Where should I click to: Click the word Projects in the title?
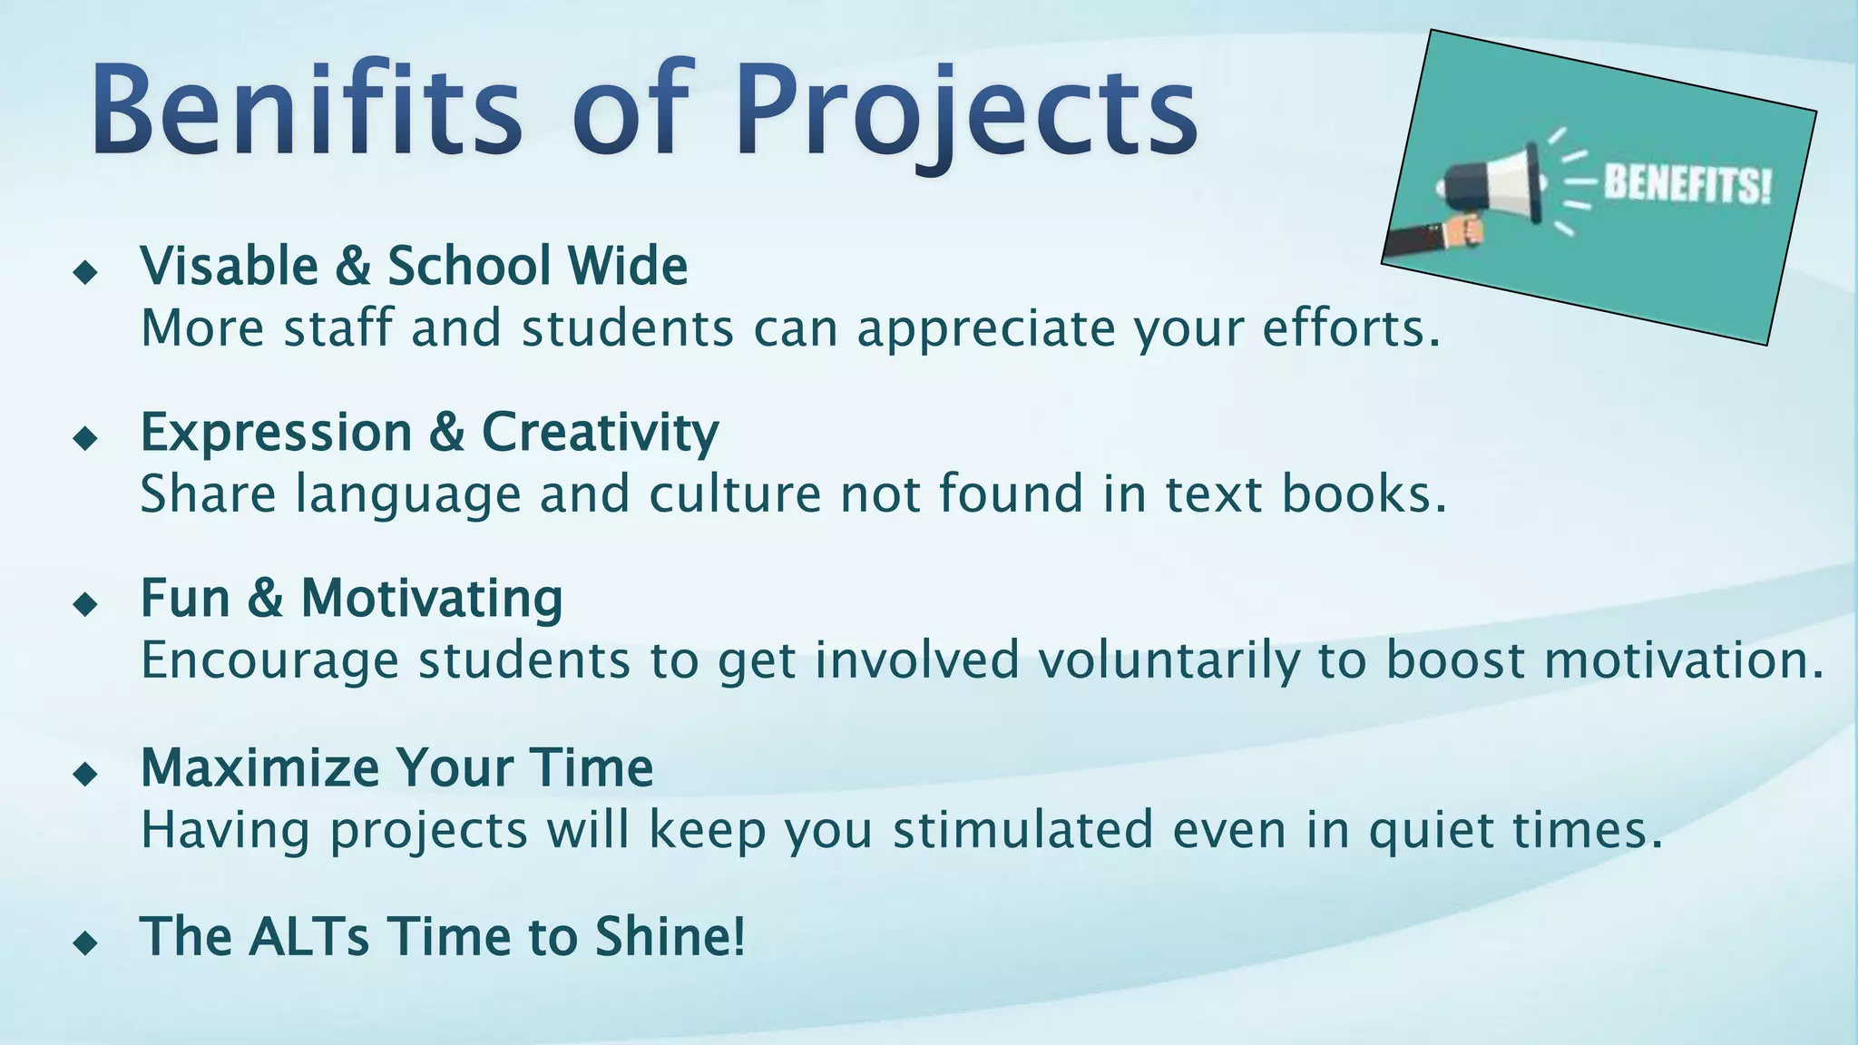[x=966, y=113]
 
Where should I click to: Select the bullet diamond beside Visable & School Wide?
[x=85, y=271]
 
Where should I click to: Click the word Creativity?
[x=600, y=432]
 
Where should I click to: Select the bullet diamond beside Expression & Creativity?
[x=85, y=438]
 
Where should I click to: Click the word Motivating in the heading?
[x=432, y=599]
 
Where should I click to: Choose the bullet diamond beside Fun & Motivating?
[x=85, y=604]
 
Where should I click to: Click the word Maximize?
[x=259, y=767]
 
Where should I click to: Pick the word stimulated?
[x=1022, y=830]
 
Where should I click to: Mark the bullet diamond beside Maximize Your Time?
[x=85, y=774]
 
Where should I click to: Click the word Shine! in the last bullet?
[x=670, y=936]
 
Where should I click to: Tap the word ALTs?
[x=308, y=936]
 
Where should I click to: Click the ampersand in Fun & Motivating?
[x=265, y=599]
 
